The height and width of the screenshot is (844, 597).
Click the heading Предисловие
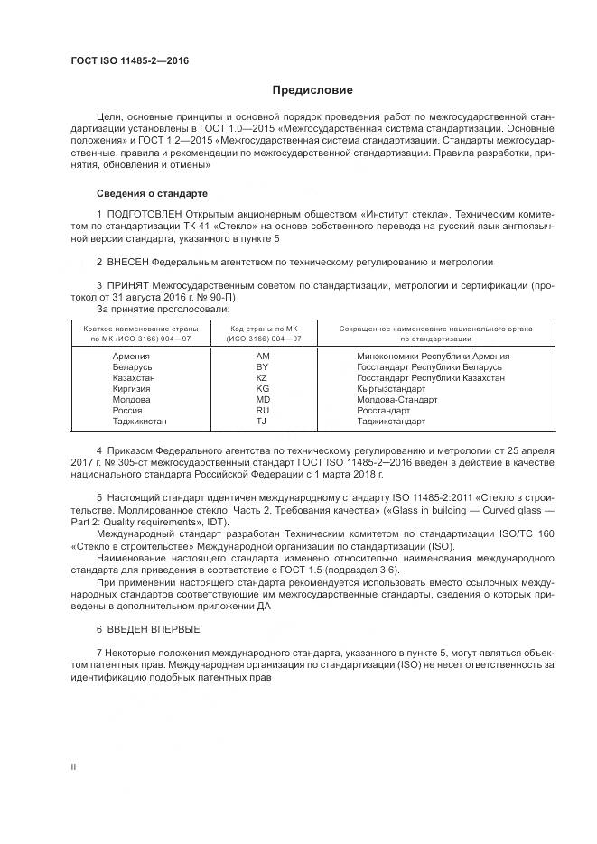[312, 90]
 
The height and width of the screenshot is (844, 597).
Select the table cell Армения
[131, 357]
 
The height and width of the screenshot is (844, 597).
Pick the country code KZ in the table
[263, 378]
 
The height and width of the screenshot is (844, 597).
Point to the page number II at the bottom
[74, 765]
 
